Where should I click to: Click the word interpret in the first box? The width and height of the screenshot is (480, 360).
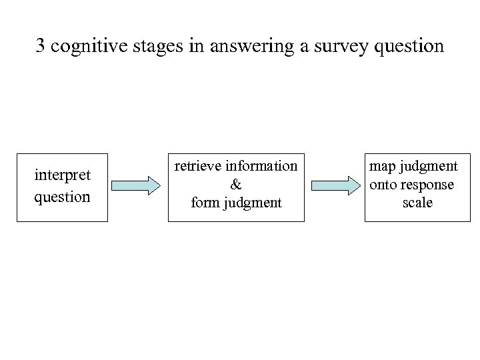(x=62, y=175)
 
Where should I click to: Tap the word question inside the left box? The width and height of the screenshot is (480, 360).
(x=62, y=197)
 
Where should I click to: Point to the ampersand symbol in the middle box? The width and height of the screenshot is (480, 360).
(x=236, y=184)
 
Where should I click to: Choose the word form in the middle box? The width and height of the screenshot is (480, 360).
(x=204, y=203)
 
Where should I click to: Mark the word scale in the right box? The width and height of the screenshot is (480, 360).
(x=417, y=203)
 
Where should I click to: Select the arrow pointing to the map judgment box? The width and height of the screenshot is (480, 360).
(x=335, y=186)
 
